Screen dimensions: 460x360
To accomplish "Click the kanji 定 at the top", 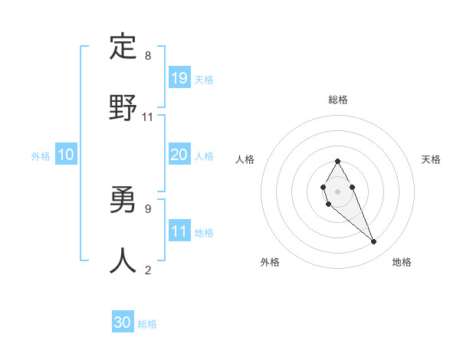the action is (x=123, y=47).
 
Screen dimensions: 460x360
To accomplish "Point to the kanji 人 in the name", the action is (x=123, y=260).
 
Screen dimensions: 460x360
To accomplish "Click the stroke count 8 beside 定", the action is (x=148, y=56).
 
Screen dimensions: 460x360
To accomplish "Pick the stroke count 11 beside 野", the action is (x=148, y=116).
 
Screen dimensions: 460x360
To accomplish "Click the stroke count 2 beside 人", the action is (x=148, y=270).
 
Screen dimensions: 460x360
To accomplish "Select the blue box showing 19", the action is (x=179, y=78).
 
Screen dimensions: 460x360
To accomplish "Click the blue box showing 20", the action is (x=179, y=155).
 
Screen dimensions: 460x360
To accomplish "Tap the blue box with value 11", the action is (x=179, y=231).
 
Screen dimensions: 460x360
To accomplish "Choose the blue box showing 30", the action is (x=123, y=323).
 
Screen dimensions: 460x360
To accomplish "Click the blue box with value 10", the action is (x=66, y=155).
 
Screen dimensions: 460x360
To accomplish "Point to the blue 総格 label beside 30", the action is (x=147, y=324).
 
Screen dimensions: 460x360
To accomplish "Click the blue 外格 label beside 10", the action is (x=41, y=156).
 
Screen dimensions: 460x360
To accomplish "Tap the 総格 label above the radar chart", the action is (x=338, y=100).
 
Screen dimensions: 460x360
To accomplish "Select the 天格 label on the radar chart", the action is (x=431, y=159).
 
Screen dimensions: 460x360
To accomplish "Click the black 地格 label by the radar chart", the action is (x=402, y=262).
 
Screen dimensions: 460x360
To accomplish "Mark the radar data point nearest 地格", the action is (x=374, y=242).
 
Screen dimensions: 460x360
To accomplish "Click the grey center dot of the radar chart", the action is (x=337, y=190).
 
